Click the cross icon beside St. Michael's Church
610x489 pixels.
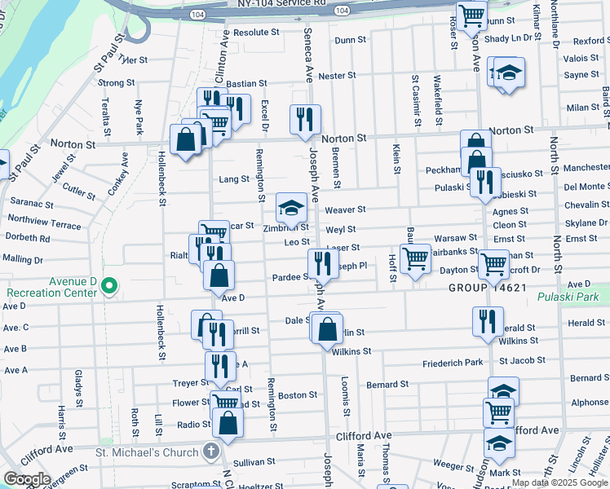pos(211,451)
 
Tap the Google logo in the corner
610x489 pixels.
pos(27,479)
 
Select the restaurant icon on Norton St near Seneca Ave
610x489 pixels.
pos(305,119)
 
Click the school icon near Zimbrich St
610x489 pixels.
pos(291,208)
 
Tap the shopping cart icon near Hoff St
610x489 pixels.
pos(416,259)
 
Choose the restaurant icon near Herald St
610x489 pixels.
pos(488,319)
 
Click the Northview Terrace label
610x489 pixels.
pos(44,220)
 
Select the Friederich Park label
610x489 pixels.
pos(453,363)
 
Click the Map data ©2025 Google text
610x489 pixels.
pos(559,482)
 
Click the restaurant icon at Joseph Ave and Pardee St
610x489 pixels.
pos(323,263)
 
